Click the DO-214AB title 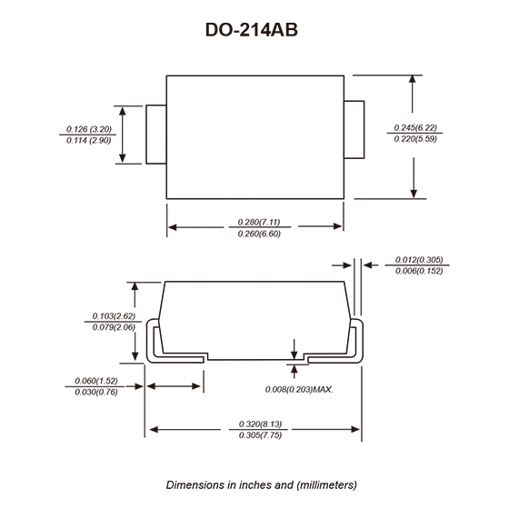[252, 30]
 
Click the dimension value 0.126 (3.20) [89, 129]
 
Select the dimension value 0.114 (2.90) [89, 140]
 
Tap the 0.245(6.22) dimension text [415, 127]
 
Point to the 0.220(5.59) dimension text [415, 138]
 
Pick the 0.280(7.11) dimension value [259, 222]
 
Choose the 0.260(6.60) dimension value [259, 234]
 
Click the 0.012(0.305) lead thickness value [419, 260]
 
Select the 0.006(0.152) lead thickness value [419, 271]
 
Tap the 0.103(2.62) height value [114, 316]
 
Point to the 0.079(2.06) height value [114, 327]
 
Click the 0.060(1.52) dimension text [96, 381]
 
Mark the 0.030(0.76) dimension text [96, 392]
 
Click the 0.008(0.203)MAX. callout [299, 390]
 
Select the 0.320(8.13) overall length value [260, 424]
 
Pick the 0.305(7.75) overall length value [260, 435]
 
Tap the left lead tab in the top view [156, 135]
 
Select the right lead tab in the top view [354, 130]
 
